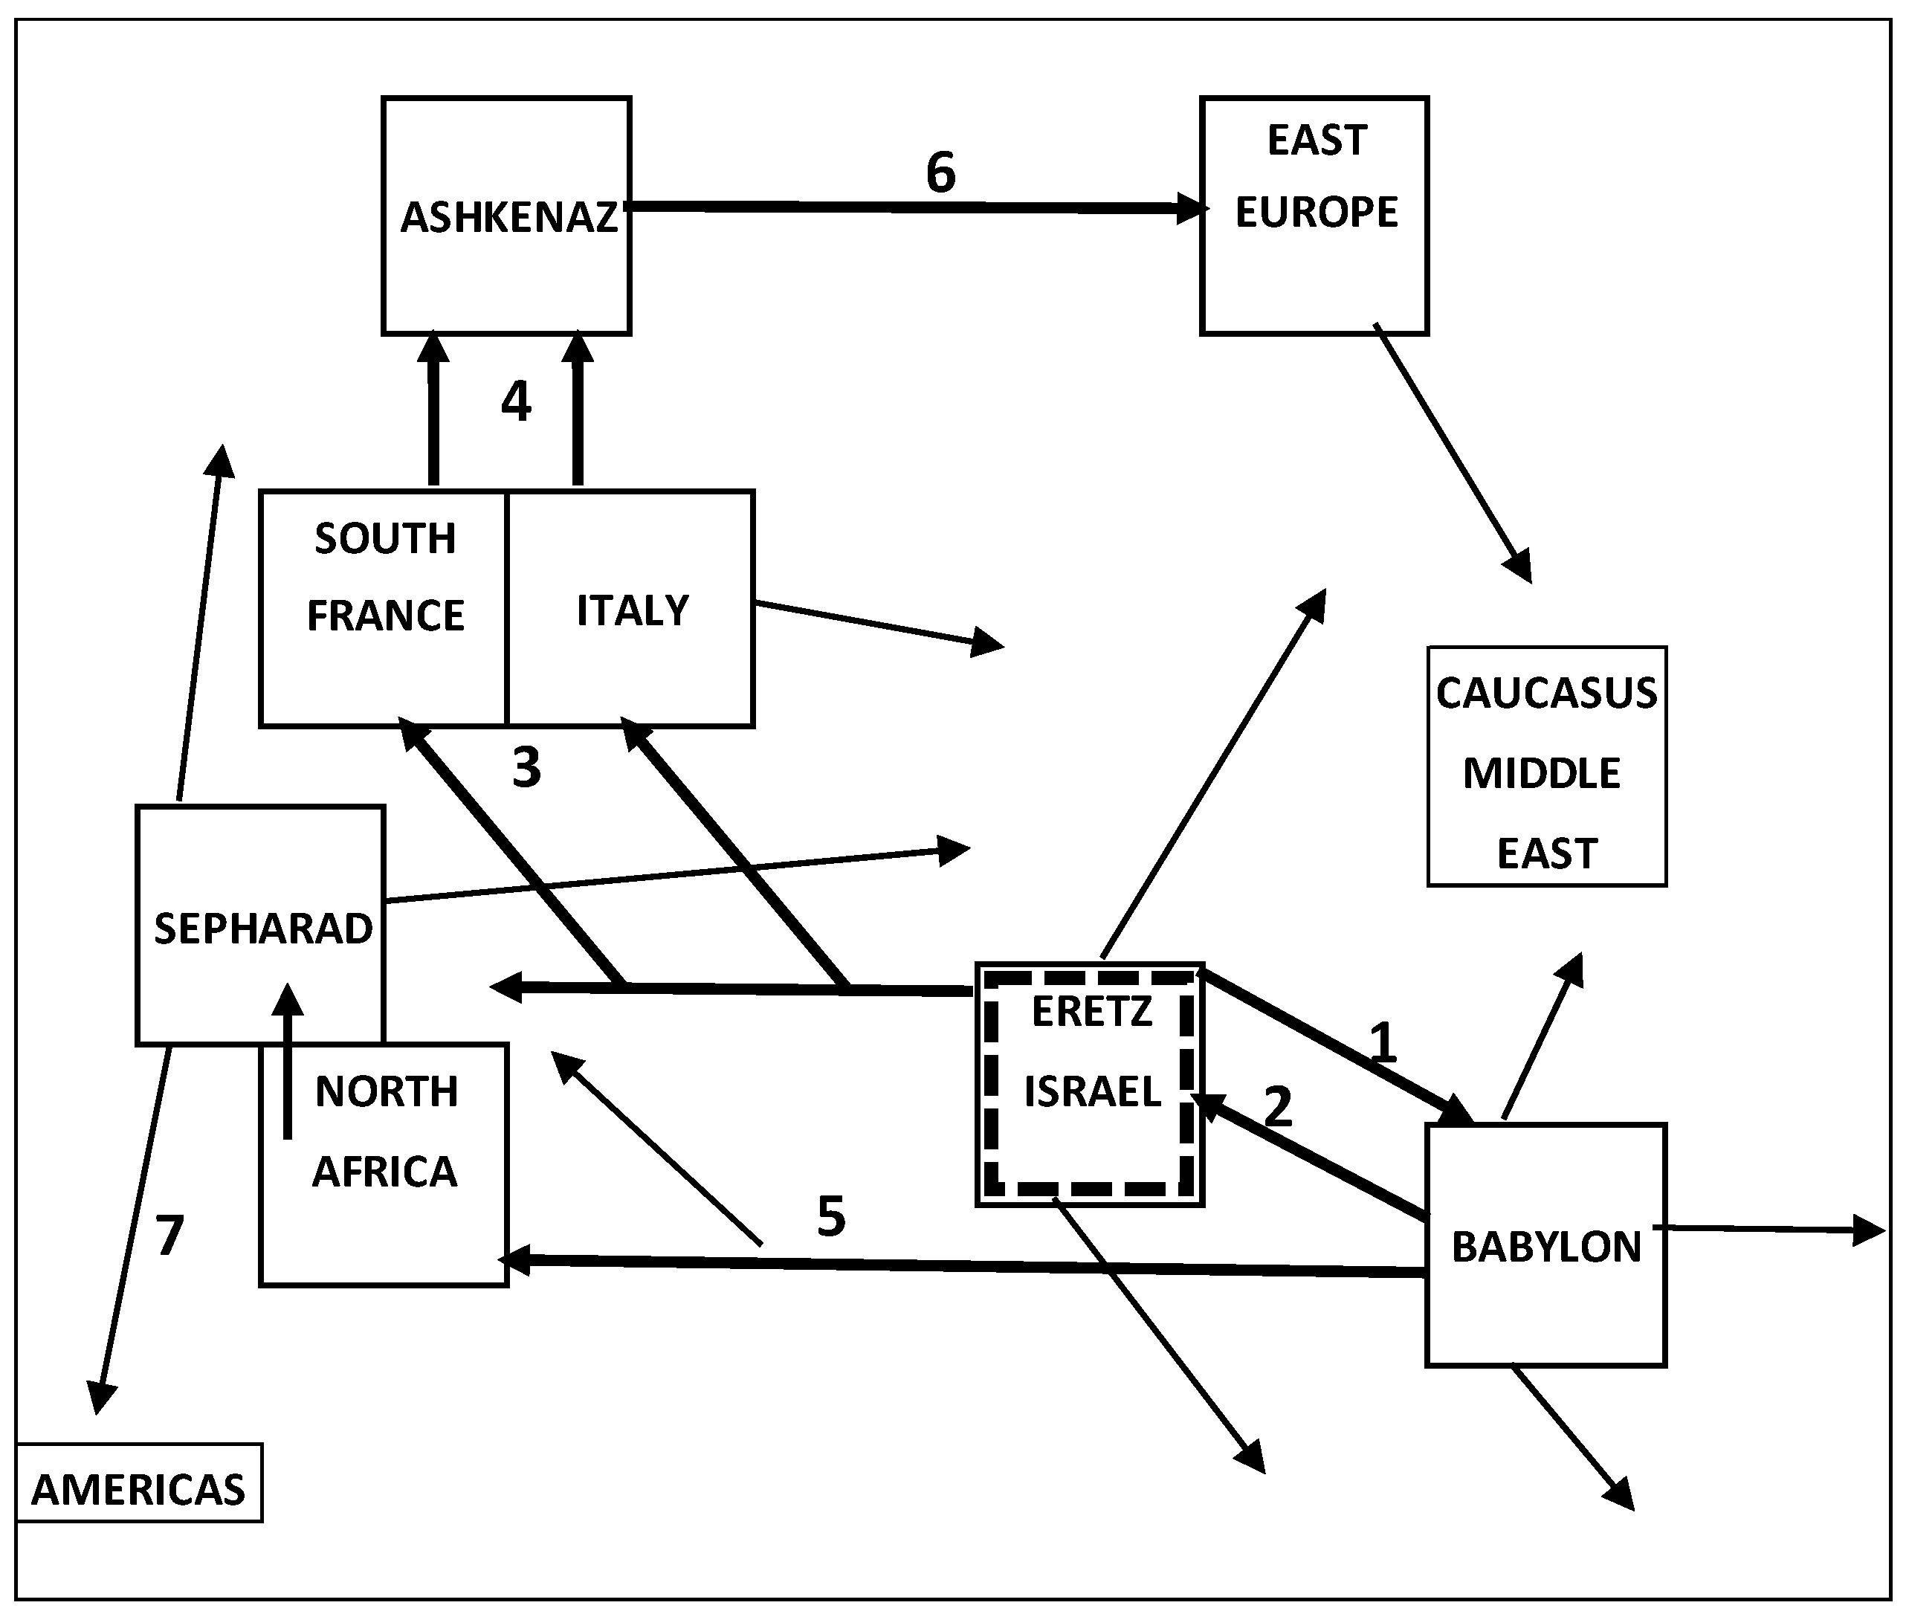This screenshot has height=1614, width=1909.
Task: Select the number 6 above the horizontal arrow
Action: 940,172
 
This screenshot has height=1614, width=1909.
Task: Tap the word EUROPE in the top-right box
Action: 1317,213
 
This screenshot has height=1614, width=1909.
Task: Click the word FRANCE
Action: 385,616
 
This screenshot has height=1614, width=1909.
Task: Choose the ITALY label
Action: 632,610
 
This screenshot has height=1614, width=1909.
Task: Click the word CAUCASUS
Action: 1546,693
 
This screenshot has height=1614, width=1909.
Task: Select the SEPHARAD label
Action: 263,929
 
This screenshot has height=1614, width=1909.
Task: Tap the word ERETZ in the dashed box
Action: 1091,1011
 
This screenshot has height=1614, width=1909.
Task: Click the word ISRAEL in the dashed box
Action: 1092,1091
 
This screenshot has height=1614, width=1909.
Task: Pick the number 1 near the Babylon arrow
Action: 1382,1042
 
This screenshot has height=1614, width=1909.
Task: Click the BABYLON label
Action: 1546,1247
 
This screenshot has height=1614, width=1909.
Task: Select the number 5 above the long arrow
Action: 830,1217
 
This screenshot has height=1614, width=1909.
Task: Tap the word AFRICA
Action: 384,1172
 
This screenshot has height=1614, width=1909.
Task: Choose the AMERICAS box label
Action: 138,1490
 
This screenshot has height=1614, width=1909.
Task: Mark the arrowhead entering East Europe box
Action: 1191,209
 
